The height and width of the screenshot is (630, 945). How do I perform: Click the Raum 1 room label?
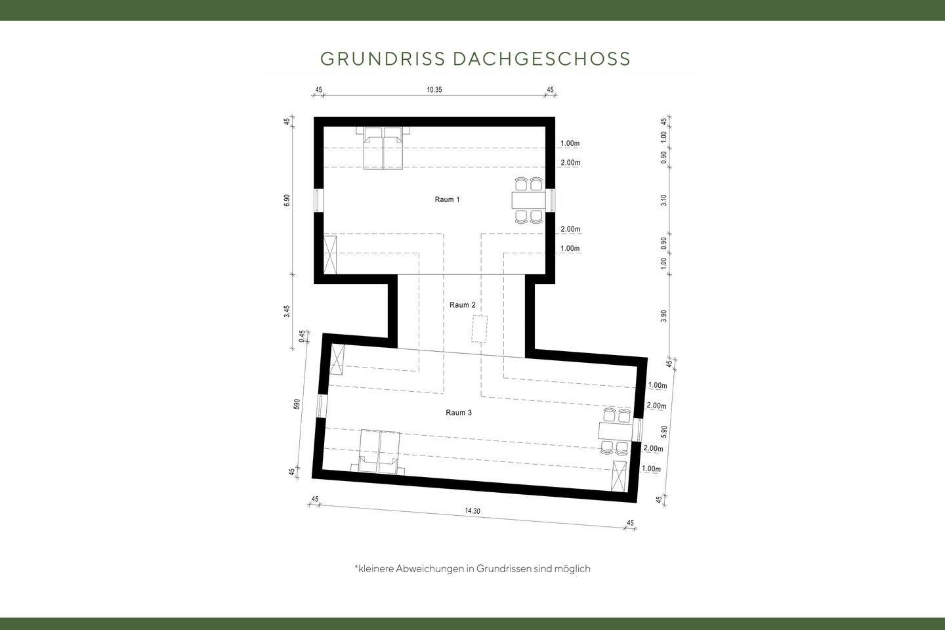(x=447, y=199)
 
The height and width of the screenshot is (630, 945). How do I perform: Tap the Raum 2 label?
(x=462, y=305)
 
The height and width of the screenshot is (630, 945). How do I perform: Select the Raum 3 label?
(x=459, y=413)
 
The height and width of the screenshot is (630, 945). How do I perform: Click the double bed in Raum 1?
(x=383, y=148)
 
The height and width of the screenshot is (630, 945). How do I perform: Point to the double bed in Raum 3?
(x=379, y=452)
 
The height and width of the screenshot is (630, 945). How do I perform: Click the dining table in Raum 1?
(x=528, y=199)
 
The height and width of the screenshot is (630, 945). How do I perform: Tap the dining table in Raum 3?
(x=615, y=431)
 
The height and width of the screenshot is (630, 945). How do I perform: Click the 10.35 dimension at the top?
(x=434, y=90)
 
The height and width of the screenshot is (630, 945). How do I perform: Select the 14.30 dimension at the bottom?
(x=472, y=511)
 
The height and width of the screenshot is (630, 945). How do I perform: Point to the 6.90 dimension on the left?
(x=287, y=200)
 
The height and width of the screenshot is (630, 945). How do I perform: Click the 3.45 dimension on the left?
(x=287, y=311)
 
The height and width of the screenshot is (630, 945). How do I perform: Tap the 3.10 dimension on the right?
(x=664, y=200)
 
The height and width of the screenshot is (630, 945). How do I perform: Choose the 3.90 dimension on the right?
(x=664, y=316)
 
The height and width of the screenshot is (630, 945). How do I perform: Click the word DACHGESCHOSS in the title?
(x=541, y=58)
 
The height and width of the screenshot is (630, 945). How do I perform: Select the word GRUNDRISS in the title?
(x=383, y=58)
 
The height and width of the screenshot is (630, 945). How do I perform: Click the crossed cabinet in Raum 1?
(x=331, y=255)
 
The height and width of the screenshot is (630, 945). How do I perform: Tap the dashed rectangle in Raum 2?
(x=480, y=328)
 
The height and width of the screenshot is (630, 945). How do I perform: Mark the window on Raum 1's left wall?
(x=318, y=200)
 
